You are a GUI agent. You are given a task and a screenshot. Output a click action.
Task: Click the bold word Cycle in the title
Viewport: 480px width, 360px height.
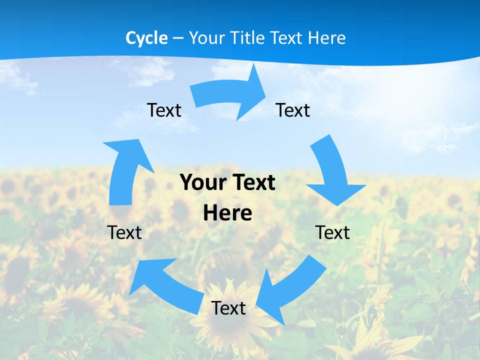click(x=146, y=38)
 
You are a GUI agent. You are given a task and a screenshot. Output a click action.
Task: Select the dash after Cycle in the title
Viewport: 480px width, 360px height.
click(x=178, y=38)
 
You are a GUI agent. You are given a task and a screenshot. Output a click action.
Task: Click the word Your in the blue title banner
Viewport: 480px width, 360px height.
click(x=207, y=38)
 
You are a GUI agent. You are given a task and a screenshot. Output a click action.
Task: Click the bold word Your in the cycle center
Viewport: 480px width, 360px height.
click(x=203, y=182)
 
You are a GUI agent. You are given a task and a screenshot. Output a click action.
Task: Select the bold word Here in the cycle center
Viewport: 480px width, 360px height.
click(x=227, y=213)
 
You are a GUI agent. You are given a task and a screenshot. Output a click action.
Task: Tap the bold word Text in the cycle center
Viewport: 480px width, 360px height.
click(x=252, y=182)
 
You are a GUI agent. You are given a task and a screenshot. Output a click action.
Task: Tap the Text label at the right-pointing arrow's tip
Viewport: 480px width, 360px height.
click(x=293, y=110)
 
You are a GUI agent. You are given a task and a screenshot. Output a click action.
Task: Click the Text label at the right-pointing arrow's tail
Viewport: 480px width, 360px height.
click(x=164, y=110)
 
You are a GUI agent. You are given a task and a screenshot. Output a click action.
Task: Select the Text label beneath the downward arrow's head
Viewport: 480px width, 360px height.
click(x=332, y=232)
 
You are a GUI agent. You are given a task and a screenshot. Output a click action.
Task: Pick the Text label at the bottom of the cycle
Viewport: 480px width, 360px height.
click(x=228, y=308)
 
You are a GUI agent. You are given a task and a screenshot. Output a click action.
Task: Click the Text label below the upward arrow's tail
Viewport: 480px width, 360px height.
click(x=124, y=232)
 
